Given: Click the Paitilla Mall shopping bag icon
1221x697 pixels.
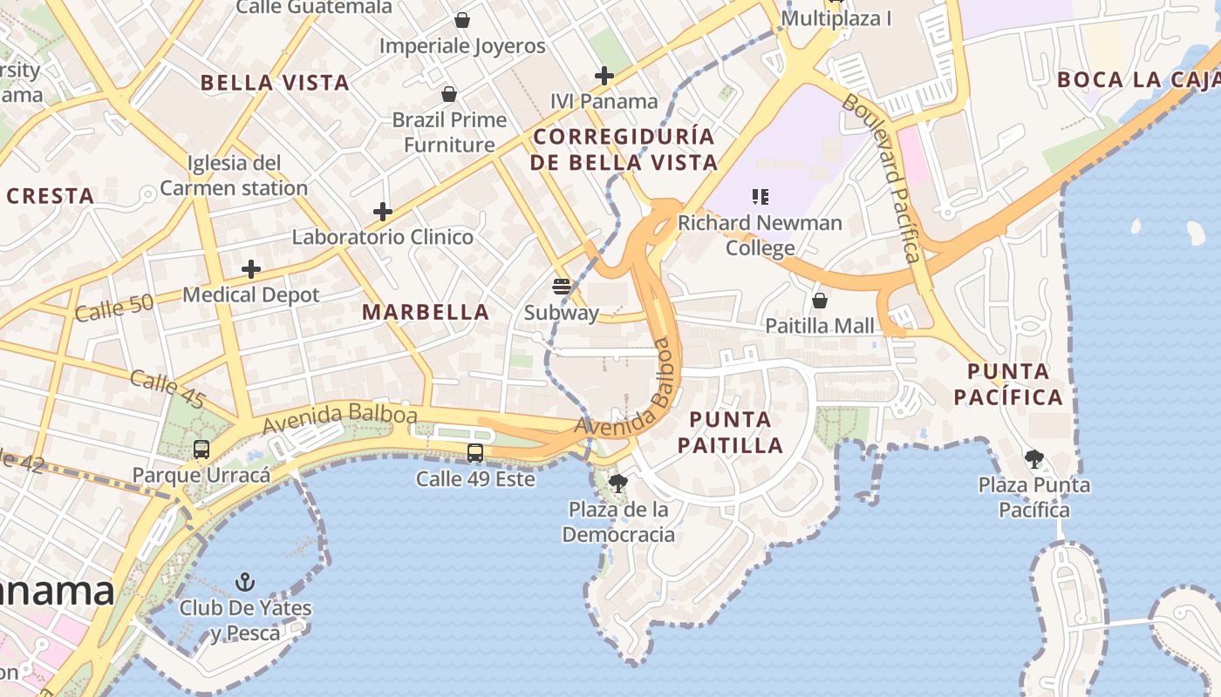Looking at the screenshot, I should tap(819, 301).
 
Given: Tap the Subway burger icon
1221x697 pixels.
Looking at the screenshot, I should tap(562, 287).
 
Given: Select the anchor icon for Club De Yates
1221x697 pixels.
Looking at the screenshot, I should tap(246, 581).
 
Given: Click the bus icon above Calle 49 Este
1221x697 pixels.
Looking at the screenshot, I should tap(475, 452).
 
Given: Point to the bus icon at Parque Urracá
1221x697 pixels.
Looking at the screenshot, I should tap(201, 450).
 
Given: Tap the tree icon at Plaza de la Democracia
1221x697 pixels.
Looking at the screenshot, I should tap(618, 483).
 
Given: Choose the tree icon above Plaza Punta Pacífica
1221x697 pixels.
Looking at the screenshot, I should tap(1034, 458).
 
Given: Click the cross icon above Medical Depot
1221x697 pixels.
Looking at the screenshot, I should tap(251, 269).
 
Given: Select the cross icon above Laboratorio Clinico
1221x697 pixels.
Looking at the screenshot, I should tap(382, 211).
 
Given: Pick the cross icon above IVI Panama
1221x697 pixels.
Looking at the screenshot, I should tap(604, 76).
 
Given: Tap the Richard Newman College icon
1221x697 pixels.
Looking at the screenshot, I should tap(761, 197).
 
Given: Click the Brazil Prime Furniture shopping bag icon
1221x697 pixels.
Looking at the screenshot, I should tap(449, 94).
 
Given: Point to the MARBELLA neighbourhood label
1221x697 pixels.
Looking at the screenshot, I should tap(426, 312).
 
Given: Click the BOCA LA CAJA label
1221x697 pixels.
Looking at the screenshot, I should tap(1138, 80).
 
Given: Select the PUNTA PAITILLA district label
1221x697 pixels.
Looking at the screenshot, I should tap(730, 432).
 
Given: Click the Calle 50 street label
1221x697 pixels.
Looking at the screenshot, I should tap(114, 308).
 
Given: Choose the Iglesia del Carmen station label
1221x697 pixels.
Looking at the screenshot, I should tap(234, 175).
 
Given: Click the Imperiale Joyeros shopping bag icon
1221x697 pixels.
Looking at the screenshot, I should tap(462, 20).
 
